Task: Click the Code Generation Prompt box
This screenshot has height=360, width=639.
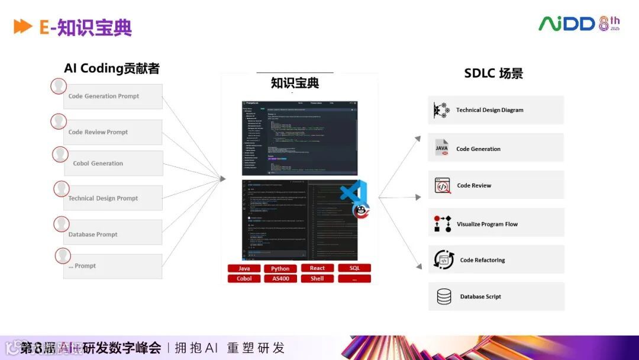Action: [112, 97]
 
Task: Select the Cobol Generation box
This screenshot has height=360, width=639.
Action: [113, 163]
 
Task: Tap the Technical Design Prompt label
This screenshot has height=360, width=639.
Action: [103, 198]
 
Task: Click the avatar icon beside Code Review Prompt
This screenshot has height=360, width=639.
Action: [58, 121]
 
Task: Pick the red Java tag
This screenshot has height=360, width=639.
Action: [244, 268]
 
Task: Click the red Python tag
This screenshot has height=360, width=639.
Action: [280, 268]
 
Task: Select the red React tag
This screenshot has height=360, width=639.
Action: [317, 268]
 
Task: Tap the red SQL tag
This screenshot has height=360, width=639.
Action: [354, 268]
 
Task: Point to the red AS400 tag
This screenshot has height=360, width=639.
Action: [280, 278]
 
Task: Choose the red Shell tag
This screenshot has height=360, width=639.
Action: [317, 278]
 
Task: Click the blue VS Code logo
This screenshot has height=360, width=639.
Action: [354, 194]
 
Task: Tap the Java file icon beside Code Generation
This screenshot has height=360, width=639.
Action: [442, 148]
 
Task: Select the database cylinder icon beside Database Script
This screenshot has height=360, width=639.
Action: [444, 297]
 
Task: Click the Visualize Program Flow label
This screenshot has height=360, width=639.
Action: [487, 224]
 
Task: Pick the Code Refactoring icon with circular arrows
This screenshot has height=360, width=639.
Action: [444, 260]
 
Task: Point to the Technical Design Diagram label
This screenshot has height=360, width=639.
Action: [489, 110]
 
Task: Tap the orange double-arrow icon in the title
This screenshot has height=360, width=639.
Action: [23, 27]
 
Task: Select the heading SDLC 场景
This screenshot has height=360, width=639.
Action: [493, 74]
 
